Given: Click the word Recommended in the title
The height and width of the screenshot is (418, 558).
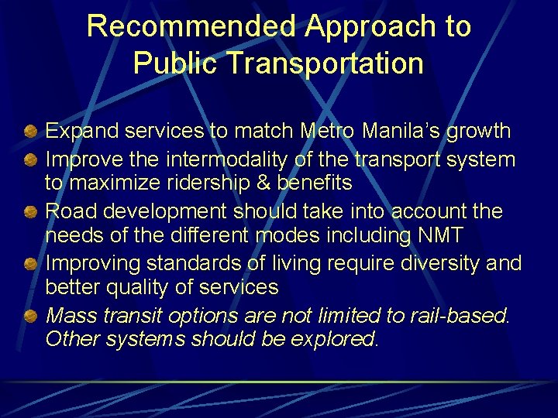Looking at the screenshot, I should click(191, 26).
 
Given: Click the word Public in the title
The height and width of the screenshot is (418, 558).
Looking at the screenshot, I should click(174, 63).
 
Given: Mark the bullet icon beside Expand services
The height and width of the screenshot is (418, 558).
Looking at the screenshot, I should click(29, 132).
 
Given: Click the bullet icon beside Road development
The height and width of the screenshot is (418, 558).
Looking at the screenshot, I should click(29, 211).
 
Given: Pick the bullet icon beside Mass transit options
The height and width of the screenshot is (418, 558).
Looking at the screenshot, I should click(29, 315).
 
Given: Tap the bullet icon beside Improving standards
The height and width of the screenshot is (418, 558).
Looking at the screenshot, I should click(29, 263).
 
